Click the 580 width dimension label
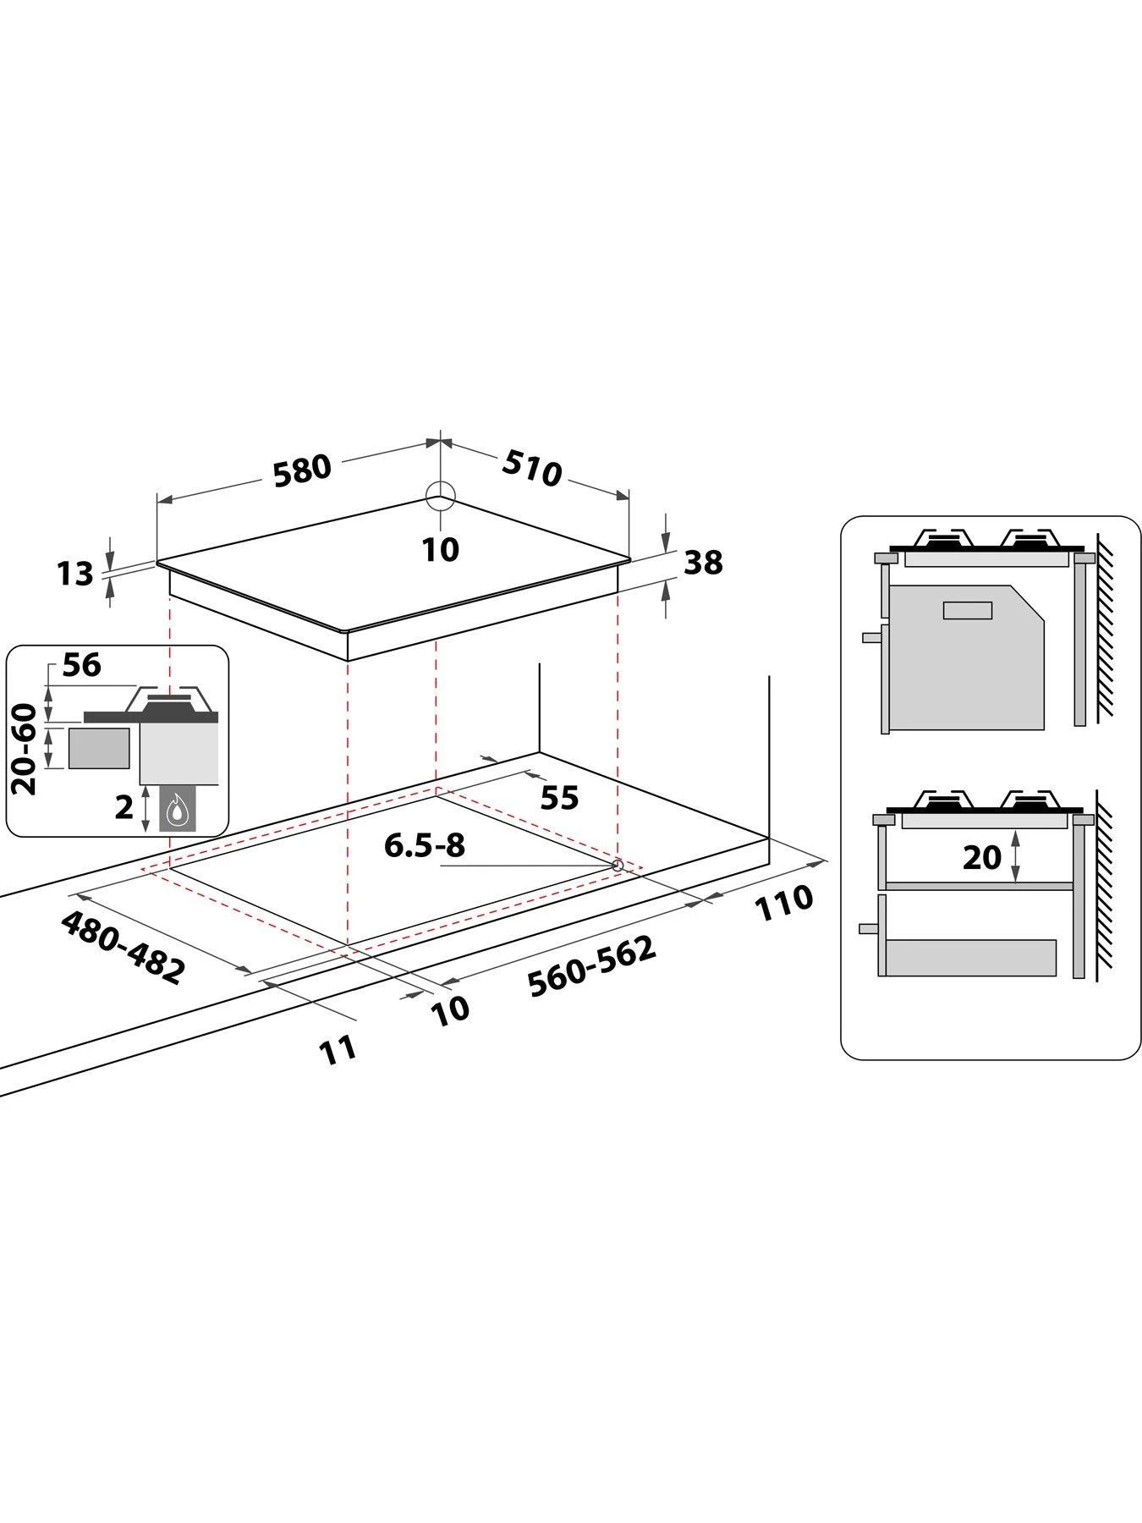[301, 469]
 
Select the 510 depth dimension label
[532, 467]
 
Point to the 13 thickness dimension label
[74, 574]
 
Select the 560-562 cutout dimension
[591, 966]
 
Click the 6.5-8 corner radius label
[425, 844]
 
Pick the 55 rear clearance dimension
[558, 797]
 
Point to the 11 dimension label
[338, 1049]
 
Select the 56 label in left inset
[81, 665]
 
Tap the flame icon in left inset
[176, 810]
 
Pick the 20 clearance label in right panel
[981, 857]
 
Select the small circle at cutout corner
[618, 865]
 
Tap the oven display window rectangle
[968, 609]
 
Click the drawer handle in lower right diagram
[868, 928]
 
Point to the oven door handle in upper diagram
[871, 638]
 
